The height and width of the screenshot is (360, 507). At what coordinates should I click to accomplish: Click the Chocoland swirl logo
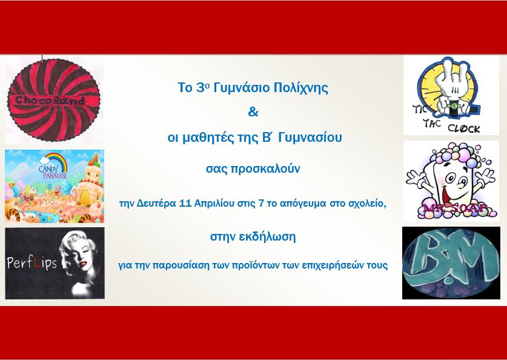tap(54, 100)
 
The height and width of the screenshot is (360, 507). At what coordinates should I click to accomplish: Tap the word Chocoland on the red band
tap(50, 100)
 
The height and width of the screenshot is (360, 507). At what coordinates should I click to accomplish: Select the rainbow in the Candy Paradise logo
tap(57, 161)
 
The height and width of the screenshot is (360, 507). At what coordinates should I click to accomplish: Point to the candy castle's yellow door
tap(85, 198)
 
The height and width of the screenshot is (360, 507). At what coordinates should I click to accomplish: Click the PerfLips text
tap(31, 262)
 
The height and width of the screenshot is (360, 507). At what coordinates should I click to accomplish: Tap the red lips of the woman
tap(84, 263)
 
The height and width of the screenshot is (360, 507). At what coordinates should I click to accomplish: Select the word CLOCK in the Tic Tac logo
tap(463, 128)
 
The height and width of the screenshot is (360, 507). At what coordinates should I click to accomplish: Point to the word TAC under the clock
tap(432, 123)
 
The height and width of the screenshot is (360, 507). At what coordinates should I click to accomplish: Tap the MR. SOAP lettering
tap(454, 208)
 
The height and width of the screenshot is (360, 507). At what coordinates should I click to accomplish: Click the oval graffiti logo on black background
tap(451, 262)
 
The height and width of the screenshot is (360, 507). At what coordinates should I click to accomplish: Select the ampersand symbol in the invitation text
tap(253, 112)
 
